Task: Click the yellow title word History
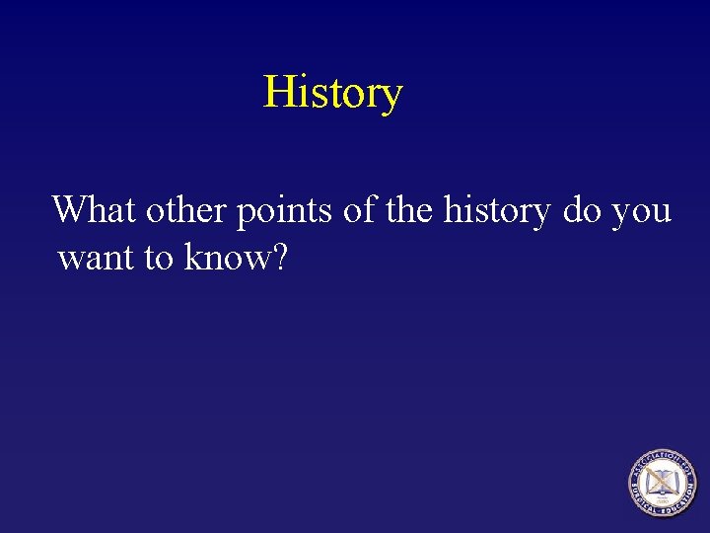click(332, 93)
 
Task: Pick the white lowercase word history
click(497, 211)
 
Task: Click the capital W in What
click(72, 209)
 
